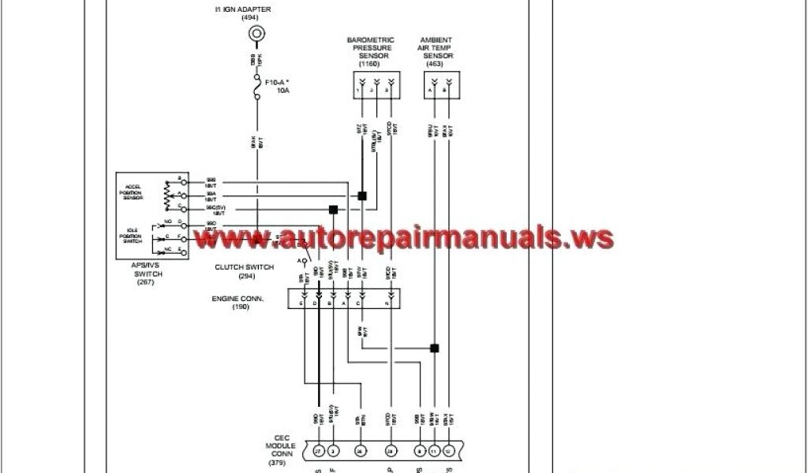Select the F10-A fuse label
(x=276, y=82)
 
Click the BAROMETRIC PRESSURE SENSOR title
(x=371, y=47)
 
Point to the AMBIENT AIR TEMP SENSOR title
(x=436, y=47)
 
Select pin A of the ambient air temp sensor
(x=431, y=91)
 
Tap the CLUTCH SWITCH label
(x=245, y=267)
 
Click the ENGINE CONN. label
(x=238, y=299)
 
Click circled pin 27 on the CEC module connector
(x=319, y=450)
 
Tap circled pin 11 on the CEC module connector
(x=433, y=450)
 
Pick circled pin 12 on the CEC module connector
(x=449, y=450)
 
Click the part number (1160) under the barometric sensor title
(x=369, y=64)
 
